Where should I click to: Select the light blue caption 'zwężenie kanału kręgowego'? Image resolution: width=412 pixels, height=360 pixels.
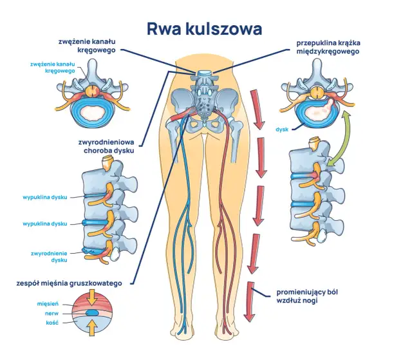pyautogui.click(x=52, y=68)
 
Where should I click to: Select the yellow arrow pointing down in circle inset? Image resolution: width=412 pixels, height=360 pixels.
pyautogui.click(x=94, y=297)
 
